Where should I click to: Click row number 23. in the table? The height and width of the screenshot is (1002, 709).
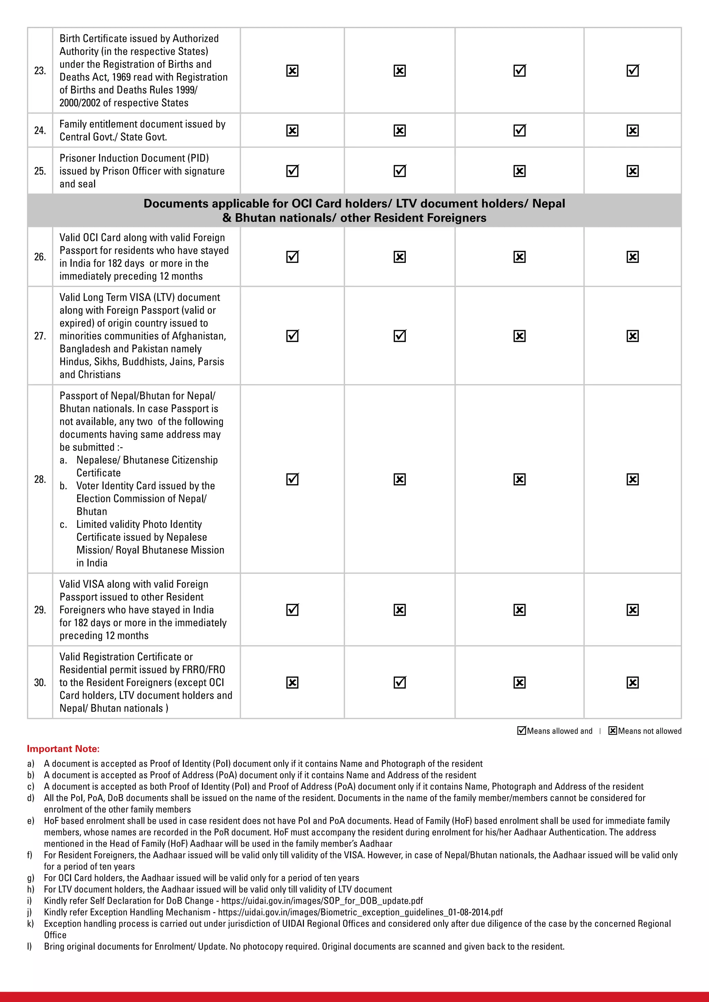(x=40, y=71)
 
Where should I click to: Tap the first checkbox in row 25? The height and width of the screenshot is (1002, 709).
(x=292, y=171)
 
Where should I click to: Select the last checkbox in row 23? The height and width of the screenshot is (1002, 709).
(x=632, y=71)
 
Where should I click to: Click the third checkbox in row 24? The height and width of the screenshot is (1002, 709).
(x=519, y=130)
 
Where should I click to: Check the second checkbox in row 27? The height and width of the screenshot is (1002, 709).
(x=400, y=336)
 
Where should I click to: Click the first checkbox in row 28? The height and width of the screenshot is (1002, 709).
(x=292, y=479)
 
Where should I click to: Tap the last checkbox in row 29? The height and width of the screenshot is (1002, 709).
(x=632, y=610)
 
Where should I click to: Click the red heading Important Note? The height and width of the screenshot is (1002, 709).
(x=63, y=748)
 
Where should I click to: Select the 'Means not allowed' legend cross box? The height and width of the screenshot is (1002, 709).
(x=612, y=730)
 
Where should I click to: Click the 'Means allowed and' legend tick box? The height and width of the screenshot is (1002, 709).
(x=521, y=730)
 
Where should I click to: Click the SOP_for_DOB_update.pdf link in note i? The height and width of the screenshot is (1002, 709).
(x=322, y=901)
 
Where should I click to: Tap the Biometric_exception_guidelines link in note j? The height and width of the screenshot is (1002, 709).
(x=360, y=912)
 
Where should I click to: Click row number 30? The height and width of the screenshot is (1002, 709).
(x=40, y=683)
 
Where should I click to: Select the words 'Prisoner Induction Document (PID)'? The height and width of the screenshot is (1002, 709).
(x=134, y=158)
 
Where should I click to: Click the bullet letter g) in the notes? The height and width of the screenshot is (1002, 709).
(x=30, y=878)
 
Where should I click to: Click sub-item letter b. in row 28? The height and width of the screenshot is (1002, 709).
(x=64, y=486)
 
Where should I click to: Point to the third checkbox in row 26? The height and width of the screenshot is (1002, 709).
(x=519, y=257)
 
